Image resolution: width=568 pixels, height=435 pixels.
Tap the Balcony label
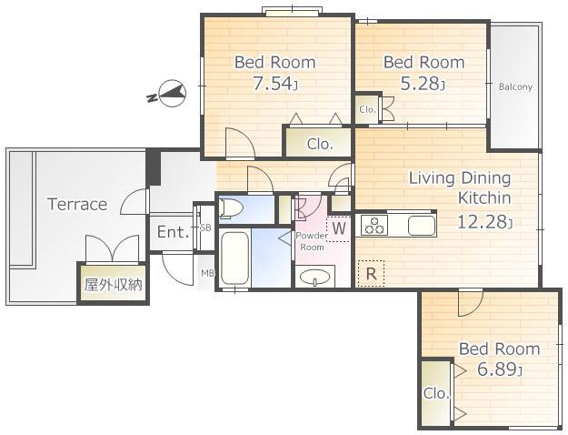(515, 87)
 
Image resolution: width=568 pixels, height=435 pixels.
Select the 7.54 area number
(275, 84)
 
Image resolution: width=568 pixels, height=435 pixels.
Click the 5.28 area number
(423, 84)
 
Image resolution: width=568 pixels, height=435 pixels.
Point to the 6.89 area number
(500, 369)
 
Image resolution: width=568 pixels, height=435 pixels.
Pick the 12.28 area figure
(485, 221)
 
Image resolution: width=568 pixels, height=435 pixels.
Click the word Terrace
(77, 204)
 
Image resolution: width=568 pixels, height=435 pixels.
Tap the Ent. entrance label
(174, 232)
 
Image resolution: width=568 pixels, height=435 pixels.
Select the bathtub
(234, 258)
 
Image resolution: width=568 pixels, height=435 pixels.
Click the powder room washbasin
(315, 277)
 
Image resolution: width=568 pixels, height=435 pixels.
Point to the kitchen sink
(422, 226)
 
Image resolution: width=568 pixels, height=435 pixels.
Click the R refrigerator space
(371, 274)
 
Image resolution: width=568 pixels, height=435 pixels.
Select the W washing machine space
(339, 228)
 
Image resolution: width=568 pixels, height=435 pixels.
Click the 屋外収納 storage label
(113, 285)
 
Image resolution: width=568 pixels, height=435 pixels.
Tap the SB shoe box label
(205, 228)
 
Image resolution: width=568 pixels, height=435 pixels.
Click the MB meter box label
(208, 273)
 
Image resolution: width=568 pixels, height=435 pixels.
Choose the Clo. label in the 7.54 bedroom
(320, 144)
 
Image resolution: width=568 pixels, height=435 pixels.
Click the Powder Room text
(312, 241)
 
